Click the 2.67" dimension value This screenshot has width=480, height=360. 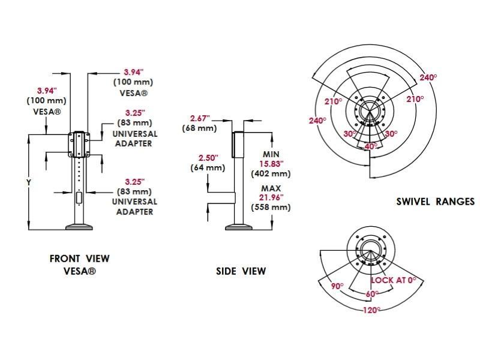tap(200, 118)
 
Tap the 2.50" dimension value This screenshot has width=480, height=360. tap(208, 158)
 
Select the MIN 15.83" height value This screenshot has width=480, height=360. tap(271, 164)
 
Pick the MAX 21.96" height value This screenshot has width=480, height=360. tap(271, 198)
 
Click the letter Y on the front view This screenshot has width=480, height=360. tap(29, 183)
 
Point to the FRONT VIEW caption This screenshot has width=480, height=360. tap(80, 259)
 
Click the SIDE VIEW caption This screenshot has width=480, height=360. tap(241, 271)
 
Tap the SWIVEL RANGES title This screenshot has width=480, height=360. tap(436, 202)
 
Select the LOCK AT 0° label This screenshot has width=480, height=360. tap(394, 280)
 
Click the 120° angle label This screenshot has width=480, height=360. tap(371, 310)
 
